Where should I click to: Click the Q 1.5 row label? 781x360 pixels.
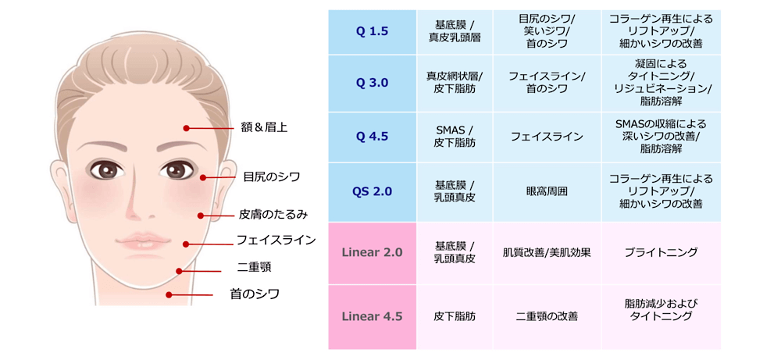pyautogui.click(x=373, y=31)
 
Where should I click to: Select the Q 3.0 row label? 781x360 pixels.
pyautogui.click(x=373, y=83)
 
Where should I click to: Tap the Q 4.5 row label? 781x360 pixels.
pyautogui.click(x=373, y=137)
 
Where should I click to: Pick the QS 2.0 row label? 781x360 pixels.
pyautogui.click(x=373, y=191)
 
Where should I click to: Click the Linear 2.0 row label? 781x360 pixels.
pyautogui.click(x=373, y=252)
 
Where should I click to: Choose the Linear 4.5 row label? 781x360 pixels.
pyautogui.click(x=373, y=316)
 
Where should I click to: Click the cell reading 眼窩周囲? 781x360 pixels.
pyautogui.click(x=547, y=191)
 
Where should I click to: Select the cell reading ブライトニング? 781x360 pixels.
pyautogui.click(x=661, y=252)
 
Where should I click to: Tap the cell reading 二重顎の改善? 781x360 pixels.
pyautogui.click(x=547, y=316)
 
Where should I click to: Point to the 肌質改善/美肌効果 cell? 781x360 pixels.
pyautogui.click(x=547, y=252)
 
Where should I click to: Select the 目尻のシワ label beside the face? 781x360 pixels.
pyautogui.click(x=272, y=176)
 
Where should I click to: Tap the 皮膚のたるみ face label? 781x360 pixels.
pyautogui.click(x=274, y=216)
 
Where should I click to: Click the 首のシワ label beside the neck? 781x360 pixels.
pyautogui.click(x=255, y=294)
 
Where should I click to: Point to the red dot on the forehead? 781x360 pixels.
pyautogui.click(x=186, y=128)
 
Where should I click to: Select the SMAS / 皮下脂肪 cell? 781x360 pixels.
pyautogui.click(x=455, y=137)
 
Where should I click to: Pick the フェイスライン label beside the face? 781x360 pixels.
pyautogui.click(x=276, y=240)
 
